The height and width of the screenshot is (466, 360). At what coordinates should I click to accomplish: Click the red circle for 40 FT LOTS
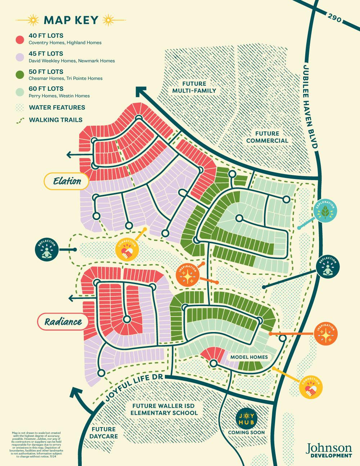20,39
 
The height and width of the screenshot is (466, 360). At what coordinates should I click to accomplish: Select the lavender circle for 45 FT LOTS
20,57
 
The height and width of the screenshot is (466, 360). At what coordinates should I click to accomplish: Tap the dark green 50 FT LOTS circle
20,75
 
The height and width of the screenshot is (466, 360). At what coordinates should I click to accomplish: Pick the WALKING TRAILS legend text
55,120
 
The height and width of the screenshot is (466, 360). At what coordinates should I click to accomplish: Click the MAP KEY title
71,20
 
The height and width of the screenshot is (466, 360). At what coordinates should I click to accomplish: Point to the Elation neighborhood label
67,181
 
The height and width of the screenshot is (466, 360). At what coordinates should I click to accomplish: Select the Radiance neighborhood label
63,321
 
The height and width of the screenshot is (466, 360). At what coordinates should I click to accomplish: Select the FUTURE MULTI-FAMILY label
194,86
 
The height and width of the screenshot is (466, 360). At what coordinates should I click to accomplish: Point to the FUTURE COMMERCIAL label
267,137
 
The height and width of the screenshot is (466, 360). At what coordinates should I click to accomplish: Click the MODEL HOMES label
249,357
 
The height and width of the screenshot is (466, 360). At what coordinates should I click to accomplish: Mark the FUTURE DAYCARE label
103,433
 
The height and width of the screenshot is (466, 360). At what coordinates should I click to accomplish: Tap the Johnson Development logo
329,450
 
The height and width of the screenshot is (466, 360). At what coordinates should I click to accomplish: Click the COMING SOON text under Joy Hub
246,432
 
